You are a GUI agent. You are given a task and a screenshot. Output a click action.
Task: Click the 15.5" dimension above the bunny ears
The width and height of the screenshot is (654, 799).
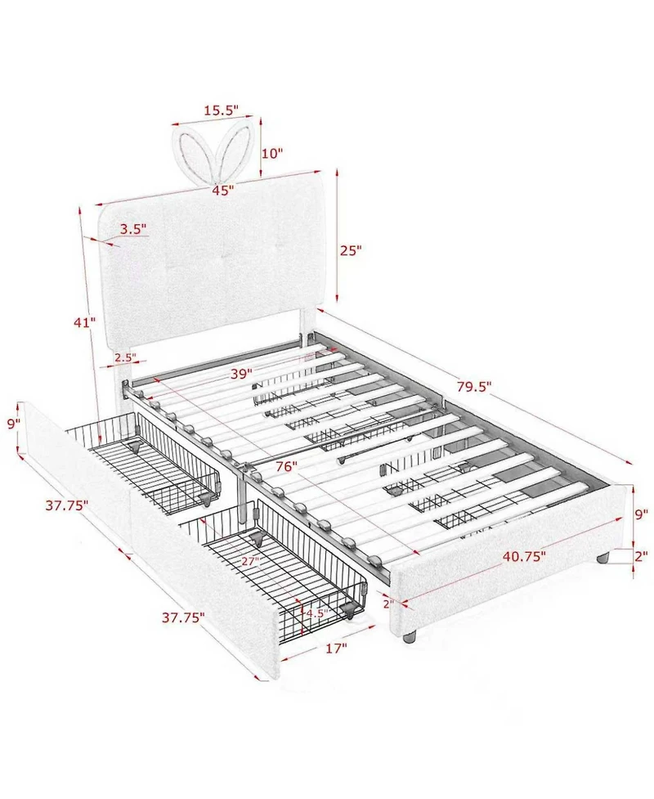[221, 110]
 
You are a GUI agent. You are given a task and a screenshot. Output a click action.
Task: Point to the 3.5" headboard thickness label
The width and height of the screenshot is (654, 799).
[133, 229]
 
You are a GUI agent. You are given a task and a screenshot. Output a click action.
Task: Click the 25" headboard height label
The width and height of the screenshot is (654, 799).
[351, 250]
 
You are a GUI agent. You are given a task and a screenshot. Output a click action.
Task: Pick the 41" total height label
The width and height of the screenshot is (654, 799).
[84, 322]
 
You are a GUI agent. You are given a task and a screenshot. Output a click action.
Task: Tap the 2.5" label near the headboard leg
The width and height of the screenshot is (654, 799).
[125, 357]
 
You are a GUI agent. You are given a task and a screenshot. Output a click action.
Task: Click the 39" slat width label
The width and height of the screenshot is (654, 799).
[241, 374]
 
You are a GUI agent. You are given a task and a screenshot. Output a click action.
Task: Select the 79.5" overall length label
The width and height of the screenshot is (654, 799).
[474, 387]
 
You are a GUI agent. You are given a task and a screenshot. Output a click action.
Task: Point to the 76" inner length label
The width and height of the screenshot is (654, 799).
[287, 467]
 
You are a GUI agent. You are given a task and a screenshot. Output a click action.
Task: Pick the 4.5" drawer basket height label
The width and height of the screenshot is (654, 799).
[316, 613]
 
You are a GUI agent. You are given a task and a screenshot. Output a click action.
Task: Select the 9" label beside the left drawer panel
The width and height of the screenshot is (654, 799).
[14, 424]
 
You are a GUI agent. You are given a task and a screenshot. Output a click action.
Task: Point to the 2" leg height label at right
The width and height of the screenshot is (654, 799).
[641, 556]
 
